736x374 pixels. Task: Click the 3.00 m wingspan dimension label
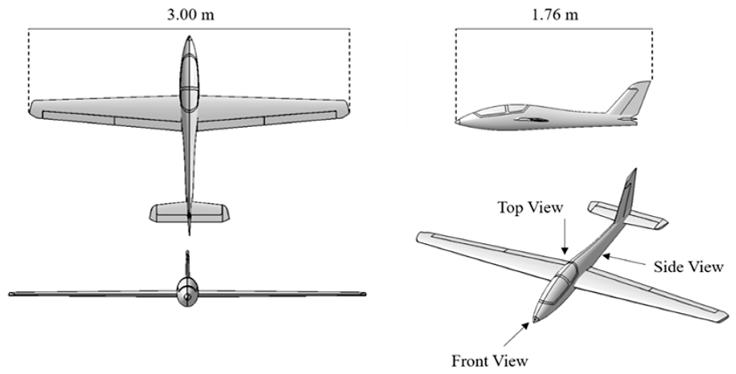[x=191, y=15]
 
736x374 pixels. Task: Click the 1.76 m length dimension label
[x=555, y=15]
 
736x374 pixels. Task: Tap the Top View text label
[x=530, y=208]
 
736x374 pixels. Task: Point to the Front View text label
[x=490, y=361]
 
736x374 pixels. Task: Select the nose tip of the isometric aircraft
[x=535, y=320]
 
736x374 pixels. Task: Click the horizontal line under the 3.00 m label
[x=189, y=29]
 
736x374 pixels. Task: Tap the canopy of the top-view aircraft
[x=189, y=83]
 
